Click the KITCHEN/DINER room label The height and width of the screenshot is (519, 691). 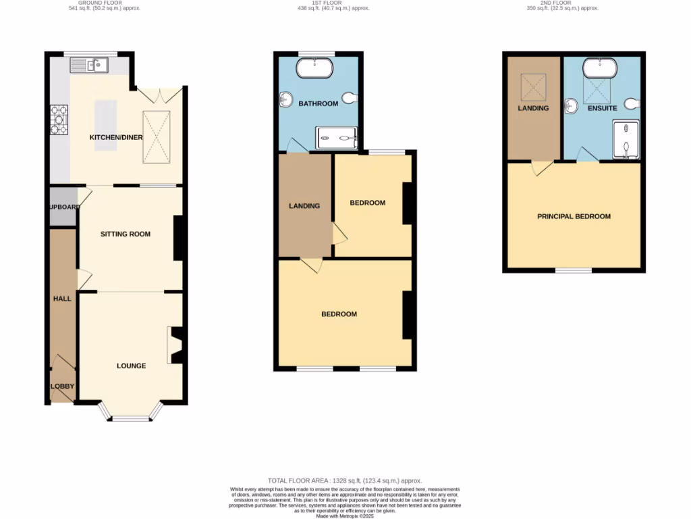point(116,138)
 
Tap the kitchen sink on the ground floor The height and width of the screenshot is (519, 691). point(90,66)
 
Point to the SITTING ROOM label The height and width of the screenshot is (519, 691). point(126,234)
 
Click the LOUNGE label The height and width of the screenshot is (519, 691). point(131,366)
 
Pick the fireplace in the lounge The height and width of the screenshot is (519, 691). point(175,345)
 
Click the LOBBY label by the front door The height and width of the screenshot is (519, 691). point(62,387)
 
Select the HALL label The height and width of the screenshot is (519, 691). point(62,298)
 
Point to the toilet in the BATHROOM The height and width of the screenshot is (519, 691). point(349,99)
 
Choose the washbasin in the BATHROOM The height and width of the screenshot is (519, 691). point(284,100)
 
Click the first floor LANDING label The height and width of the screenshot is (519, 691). point(304,206)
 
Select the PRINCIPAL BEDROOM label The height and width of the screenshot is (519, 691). point(574,216)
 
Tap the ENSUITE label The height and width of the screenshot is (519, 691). point(602,108)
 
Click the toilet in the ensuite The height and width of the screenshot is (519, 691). point(632,103)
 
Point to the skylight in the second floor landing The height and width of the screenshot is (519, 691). point(534,85)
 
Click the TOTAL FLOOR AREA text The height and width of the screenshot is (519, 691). point(345,480)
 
